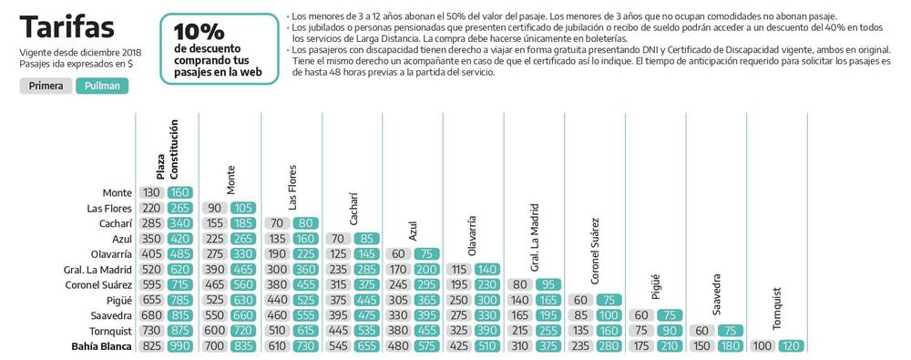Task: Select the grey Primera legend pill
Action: tap(46, 86)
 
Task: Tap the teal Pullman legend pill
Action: tap(102, 86)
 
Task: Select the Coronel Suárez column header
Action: tap(595, 247)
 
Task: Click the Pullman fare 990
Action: tap(179, 347)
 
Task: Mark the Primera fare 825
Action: tap(151, 347)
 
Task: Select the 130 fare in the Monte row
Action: tap(151, 192)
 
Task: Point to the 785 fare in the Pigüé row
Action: tap(179, 300)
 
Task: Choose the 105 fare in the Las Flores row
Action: tap(242, 208)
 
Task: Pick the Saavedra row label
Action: tap(109, 316)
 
